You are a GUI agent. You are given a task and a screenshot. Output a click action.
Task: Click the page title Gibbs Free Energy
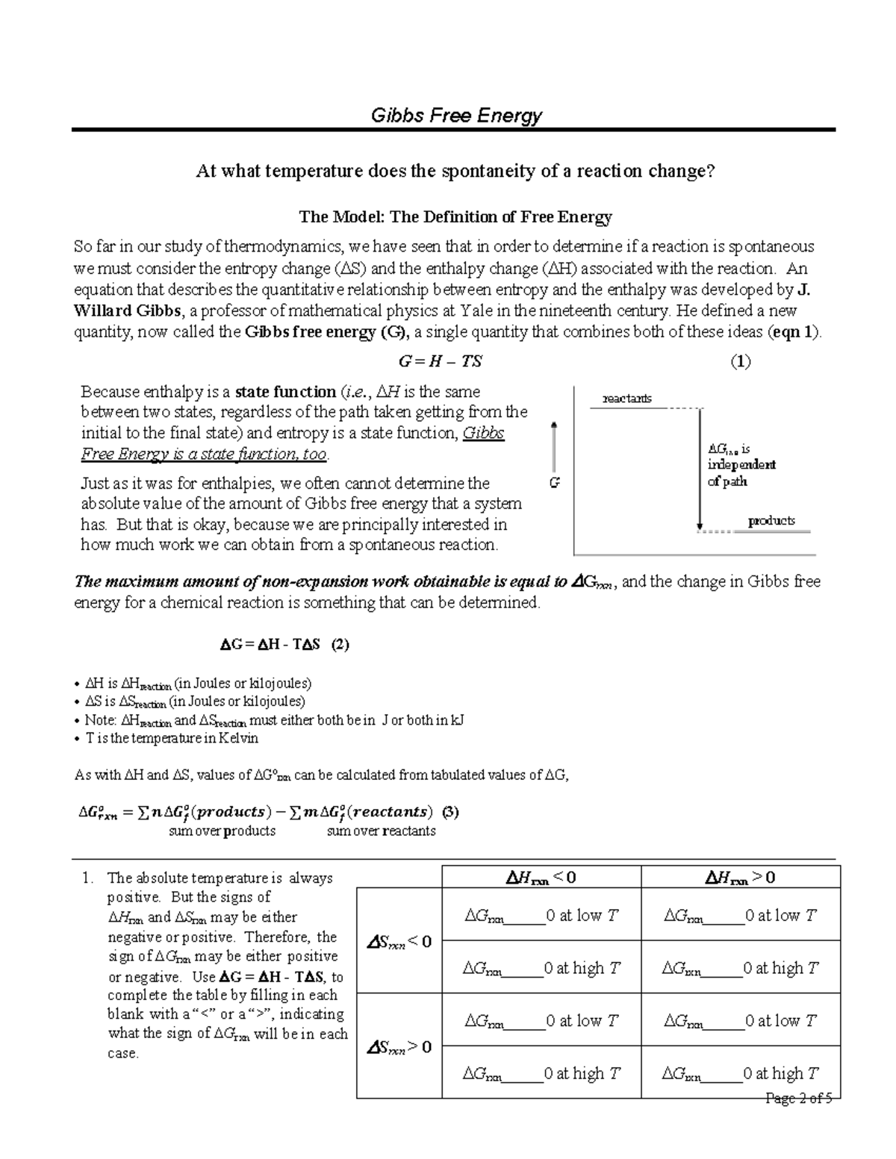[456, 116]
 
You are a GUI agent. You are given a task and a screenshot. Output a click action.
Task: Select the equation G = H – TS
[441, 362]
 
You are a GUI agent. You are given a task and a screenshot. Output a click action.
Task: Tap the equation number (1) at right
[740, 362]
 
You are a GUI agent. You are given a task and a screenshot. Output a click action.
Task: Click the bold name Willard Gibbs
[122, 311]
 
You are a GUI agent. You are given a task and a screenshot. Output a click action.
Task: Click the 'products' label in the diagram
[771, 521]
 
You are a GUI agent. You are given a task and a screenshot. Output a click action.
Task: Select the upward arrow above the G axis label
[554, 446]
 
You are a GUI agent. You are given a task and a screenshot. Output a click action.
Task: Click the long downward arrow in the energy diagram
[700, 470]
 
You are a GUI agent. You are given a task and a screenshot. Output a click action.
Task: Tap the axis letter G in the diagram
[554, 484]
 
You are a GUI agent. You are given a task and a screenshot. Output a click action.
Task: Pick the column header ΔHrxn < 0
[541, 878]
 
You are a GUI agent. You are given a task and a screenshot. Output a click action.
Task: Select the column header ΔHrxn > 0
[740, 878]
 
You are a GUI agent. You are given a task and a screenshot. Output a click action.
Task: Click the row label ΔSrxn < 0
[399, 942]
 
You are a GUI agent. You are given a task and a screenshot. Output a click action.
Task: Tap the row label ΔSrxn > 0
[399, 1047]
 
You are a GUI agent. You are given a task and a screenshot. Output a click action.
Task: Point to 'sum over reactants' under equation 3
[381, 831]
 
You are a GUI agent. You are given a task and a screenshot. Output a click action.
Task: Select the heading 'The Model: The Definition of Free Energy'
[455, 217]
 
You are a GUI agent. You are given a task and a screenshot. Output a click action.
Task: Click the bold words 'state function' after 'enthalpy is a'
[285, 392]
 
